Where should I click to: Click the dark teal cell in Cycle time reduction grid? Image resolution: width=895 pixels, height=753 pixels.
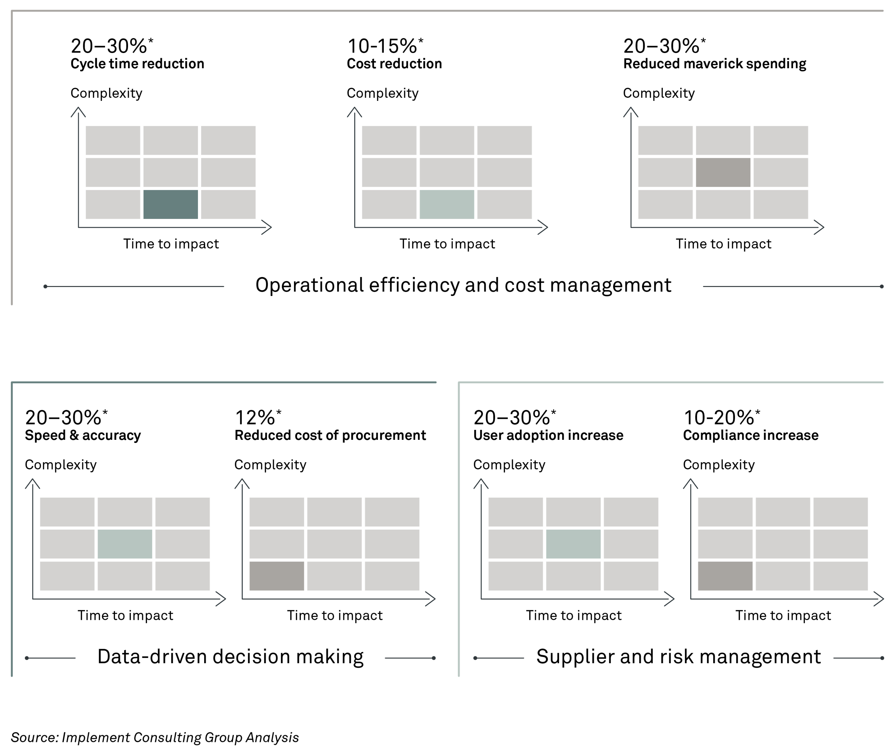pyautogui.click(x=170, y=204)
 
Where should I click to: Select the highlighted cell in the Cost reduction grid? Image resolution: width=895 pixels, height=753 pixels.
pyautogui.click(x=447, y=204)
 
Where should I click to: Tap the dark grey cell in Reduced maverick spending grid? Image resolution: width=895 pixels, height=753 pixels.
pyautogui.click(x=723, y=172)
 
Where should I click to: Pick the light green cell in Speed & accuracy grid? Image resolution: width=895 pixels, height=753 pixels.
pyautogui.click(x=125, y=544)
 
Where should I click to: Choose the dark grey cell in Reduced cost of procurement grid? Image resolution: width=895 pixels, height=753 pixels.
pyautogui.click(x=277, y=576)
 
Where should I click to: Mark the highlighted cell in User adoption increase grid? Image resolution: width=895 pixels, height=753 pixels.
pyautogui.click(x=573, y=544)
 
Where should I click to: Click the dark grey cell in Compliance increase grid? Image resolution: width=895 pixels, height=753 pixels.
pyautogui.click(x=725, y=576)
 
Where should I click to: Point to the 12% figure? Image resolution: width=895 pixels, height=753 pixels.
pyautogui.click(x=258, y=417)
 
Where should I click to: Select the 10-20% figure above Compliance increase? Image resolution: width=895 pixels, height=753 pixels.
pyautogui.click(x=722, y=417)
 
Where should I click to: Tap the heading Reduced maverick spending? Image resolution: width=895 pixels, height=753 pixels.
pyautogui.click(x=714, y=64)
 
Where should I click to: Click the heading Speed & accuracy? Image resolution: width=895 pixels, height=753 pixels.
pyautogui.click(x=83, y=435)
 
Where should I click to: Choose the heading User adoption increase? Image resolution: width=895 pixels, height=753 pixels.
pyautogui.click(x=548, y=435)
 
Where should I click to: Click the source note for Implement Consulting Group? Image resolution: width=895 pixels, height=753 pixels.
pyautogui.click(x=155, y=737)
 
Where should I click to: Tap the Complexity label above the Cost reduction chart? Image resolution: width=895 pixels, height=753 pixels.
pyautogui.click(x=382, y=93)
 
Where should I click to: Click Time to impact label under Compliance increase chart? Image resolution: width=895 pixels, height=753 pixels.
pyautogui.click(x=783, y=615)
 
